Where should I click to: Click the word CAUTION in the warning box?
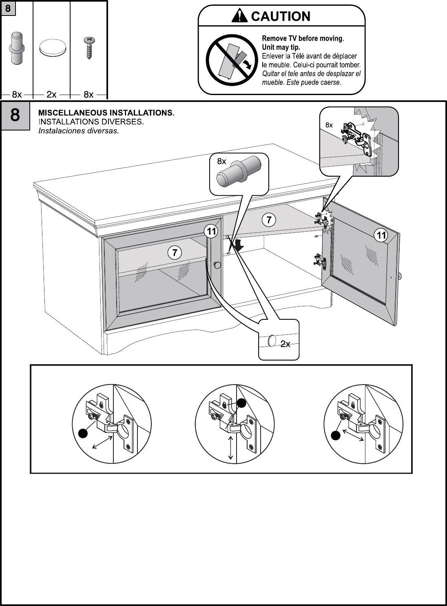[x=281, y=16]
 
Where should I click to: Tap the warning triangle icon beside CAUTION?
[x=239, y=16]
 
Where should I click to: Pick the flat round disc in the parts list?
[x=52, y=48]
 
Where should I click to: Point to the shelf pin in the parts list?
[x=17, y=47]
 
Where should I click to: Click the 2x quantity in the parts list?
[x=51, y=95]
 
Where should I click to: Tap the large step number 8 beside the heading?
[x=15, y=115]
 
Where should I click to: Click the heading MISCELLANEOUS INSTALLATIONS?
[x=106, y=113]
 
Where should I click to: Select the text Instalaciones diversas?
[x=78, y=131]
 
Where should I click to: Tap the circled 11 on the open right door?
[x=381, y=235]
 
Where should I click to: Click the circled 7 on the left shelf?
[x=175, y=253]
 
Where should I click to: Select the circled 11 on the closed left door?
[x=211, y=232]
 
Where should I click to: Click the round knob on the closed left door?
[x=217, y=265]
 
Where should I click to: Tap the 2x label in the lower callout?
[x=285, y=344]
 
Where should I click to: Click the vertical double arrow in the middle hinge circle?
[x=231, y=448]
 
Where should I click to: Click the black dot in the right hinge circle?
[x=336, y=436]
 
